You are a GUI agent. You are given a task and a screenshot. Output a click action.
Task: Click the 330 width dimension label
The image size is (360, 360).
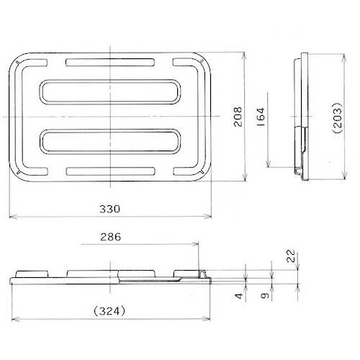109,209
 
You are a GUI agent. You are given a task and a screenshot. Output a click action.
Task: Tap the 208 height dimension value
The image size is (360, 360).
238,117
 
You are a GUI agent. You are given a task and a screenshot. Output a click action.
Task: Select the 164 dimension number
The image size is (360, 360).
261,117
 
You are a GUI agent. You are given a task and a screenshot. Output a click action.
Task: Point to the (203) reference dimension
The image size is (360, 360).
337,117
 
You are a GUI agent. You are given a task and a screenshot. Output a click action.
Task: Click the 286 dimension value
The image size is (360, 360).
111,237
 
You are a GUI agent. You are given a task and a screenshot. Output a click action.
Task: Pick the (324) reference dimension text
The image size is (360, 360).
109,311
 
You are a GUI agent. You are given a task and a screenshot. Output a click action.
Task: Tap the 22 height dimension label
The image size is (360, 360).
291,256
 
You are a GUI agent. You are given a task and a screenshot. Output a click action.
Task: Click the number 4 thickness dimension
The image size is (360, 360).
239,296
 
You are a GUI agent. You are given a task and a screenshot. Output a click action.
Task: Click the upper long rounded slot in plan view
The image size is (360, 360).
110,81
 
